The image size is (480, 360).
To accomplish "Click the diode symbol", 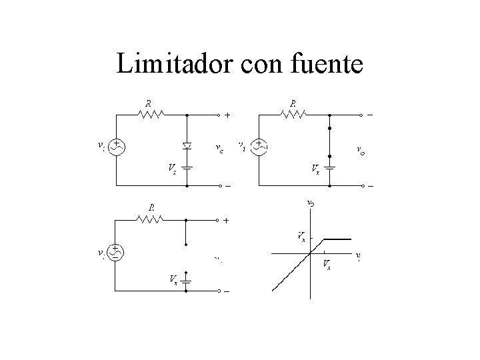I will [x=187, y=145].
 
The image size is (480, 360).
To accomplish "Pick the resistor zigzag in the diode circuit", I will [x=151, y=115].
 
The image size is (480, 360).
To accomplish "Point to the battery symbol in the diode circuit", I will [x=187, y=167].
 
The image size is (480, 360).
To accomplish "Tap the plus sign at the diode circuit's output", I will [x=227, y=115].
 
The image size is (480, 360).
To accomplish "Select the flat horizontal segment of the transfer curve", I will [x=337, y=239].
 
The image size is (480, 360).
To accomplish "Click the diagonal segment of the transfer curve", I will [x=293, y=270].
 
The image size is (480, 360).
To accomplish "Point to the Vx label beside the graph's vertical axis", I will [x=301, y=235].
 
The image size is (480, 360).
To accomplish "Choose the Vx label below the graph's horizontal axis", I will [x=326, y=265].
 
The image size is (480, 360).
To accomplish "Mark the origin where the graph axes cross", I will [x=311, y=253].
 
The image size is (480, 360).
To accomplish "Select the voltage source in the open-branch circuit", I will [x=116, y=252].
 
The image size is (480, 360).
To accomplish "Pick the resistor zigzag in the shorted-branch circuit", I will [x=294, y=115].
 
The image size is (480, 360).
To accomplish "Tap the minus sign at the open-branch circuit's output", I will [x=227, y=291].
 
